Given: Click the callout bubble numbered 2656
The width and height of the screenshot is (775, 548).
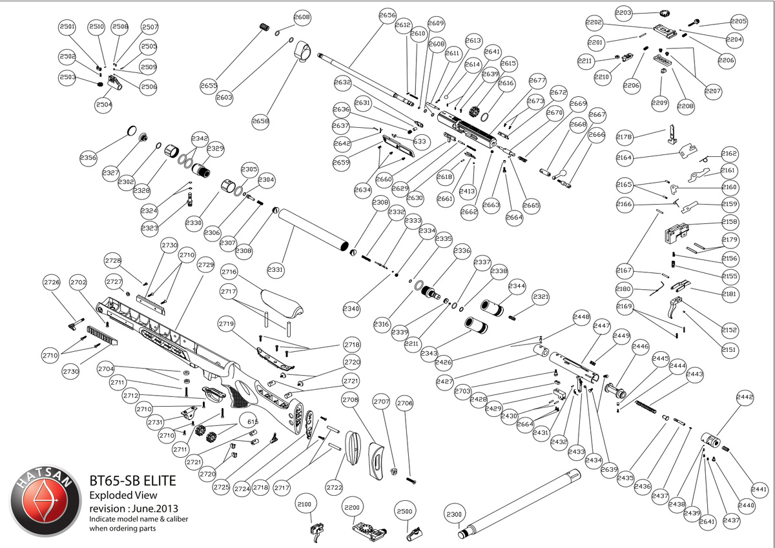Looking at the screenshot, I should tap(387, 15).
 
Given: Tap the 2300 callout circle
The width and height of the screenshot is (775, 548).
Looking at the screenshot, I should tap(455, 514).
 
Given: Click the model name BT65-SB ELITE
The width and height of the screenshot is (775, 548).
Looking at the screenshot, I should tap(132, 482).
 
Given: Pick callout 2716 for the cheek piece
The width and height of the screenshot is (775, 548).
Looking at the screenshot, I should tap(229, 273).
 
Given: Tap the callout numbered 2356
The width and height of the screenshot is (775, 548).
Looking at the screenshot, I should tap(88, 157).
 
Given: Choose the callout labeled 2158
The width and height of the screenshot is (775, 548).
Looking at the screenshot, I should tap(730, 221).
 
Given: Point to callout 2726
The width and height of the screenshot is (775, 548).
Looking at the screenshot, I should tap(52, 282).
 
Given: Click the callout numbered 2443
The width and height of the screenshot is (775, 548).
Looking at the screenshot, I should tap(695, 374).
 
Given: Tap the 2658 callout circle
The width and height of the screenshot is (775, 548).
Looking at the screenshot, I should tap(261, 121).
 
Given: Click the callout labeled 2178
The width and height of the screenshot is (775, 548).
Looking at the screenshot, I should tap(625, 137).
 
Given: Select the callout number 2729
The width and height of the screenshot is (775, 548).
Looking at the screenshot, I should tap(206, 265).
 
